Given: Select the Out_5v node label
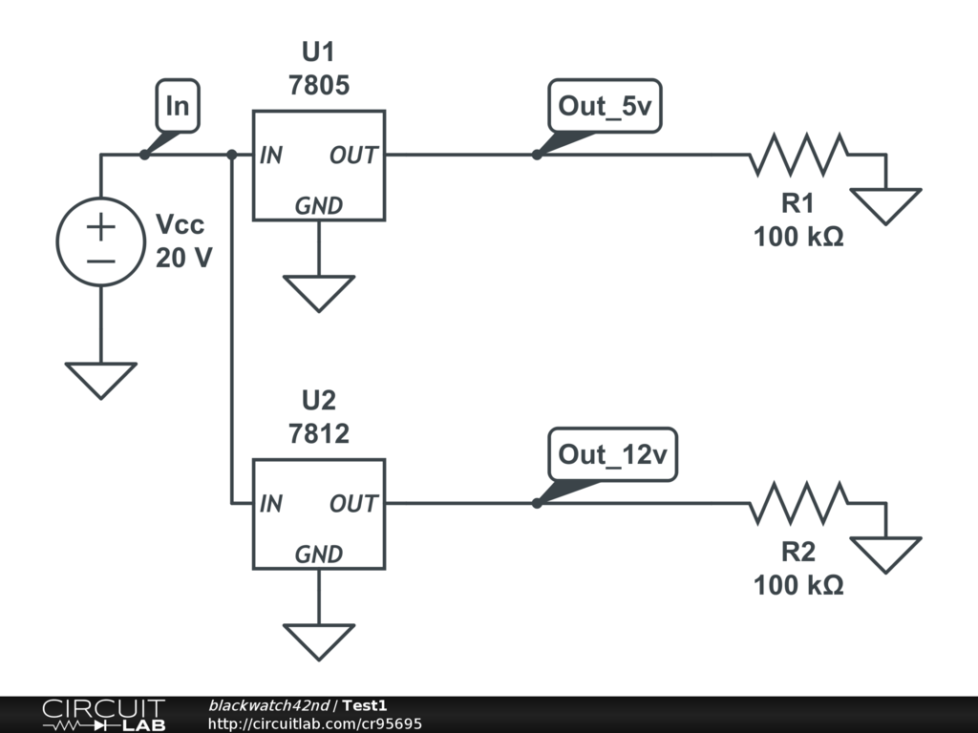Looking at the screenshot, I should point(605,107).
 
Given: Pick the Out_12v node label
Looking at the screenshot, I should point(612,455).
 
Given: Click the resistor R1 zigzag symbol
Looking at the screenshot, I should point(798,155).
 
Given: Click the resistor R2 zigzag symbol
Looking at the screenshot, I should point(798,503).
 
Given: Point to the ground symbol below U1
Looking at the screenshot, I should point(318,292).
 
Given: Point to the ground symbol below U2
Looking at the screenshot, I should point(318,640).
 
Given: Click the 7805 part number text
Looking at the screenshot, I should point(318,86).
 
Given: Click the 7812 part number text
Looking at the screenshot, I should point(318,434).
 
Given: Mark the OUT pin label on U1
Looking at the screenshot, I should point(353,155).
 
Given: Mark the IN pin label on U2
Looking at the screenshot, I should point(271,503).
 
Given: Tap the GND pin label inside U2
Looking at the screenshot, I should point(318,554).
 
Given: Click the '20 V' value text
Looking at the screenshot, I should point(183,258).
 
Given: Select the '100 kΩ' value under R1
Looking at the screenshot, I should point(798,237).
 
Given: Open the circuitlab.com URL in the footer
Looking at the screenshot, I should point(314,723).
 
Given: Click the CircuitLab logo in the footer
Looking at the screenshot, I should point(102,715).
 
